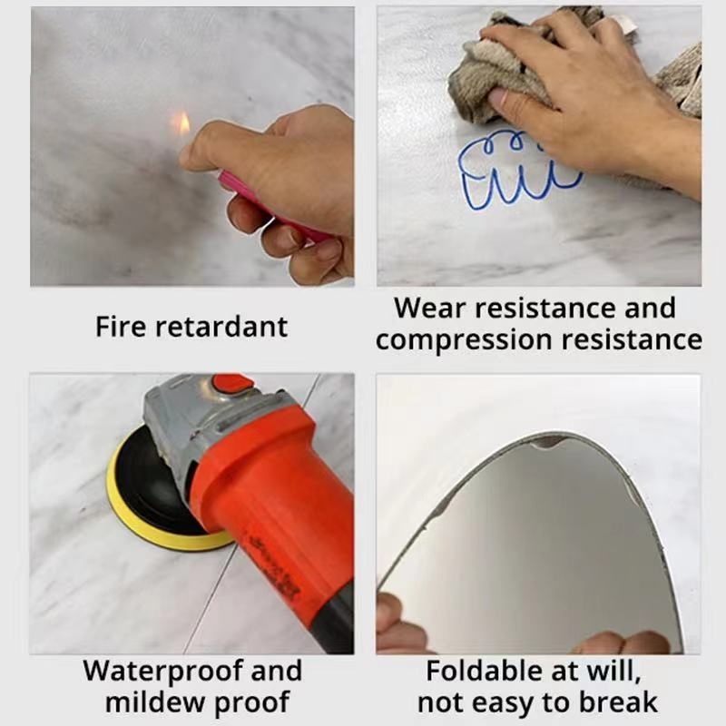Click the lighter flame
coord(181,123)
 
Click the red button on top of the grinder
coord(233,384)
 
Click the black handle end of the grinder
coord(332,621)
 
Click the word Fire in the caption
coord(121,327)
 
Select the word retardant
coord(221,327)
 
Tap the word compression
coord(465,340)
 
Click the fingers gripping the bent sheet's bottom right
coord(625,643)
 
